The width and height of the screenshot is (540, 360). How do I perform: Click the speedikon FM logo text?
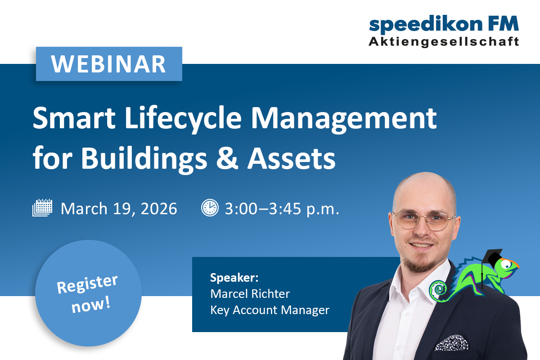[x=444, y=25]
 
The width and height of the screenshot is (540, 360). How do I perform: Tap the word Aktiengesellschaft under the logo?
[x=444, y=42]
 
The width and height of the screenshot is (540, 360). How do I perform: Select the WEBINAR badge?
[x=109, y=64]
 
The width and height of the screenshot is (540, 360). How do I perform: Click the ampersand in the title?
[x=227, y=158]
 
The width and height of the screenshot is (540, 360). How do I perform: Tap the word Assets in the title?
[x=292, y=158]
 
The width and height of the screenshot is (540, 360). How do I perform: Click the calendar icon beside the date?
[x=42, y=207]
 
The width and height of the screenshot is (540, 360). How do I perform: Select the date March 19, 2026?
[x=119, y=208]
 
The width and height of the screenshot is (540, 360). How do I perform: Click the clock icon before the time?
[x=210, y=207]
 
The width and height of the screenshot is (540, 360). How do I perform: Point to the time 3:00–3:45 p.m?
[x=282, y=209]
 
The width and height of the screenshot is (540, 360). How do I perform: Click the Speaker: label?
[x=234, y=278]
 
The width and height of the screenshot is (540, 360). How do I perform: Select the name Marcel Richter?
[x=250, y=294]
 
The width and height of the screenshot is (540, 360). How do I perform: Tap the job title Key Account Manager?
[x=270, y=310]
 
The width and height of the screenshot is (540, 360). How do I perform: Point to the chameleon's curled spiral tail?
[x=438, y=291]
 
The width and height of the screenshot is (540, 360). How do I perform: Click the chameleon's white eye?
[x=506, y=264]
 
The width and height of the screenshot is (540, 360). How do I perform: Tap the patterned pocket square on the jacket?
[x=451, y=342]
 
